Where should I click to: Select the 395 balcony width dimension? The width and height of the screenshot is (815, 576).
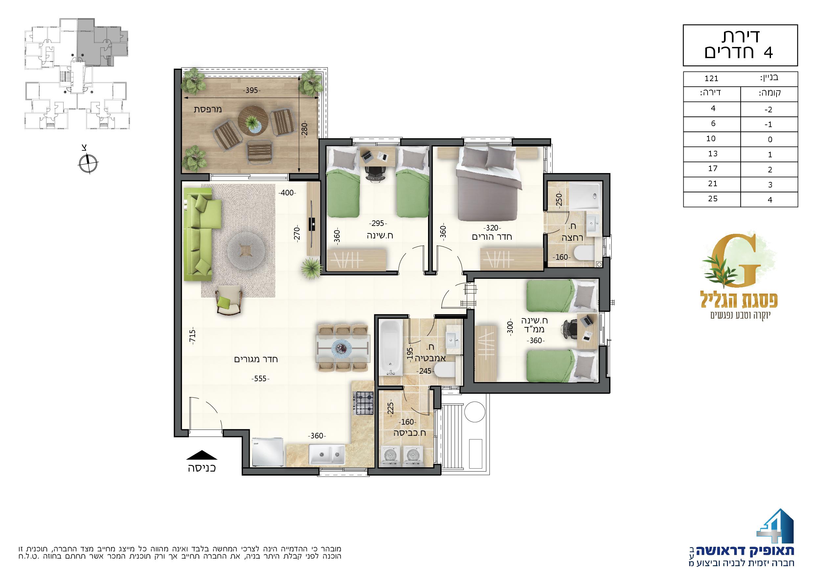point(251,91)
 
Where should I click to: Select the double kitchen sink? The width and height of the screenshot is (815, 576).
point(326,454)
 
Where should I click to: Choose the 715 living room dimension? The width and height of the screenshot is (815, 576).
point(192,337)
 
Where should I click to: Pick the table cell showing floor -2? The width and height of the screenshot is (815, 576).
point(769,110)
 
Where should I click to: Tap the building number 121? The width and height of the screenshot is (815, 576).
point(712,79)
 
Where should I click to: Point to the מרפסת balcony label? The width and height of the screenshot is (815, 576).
point(208,109)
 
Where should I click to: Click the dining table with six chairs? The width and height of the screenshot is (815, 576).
point(343,348)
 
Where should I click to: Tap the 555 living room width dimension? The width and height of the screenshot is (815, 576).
point(260,379)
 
